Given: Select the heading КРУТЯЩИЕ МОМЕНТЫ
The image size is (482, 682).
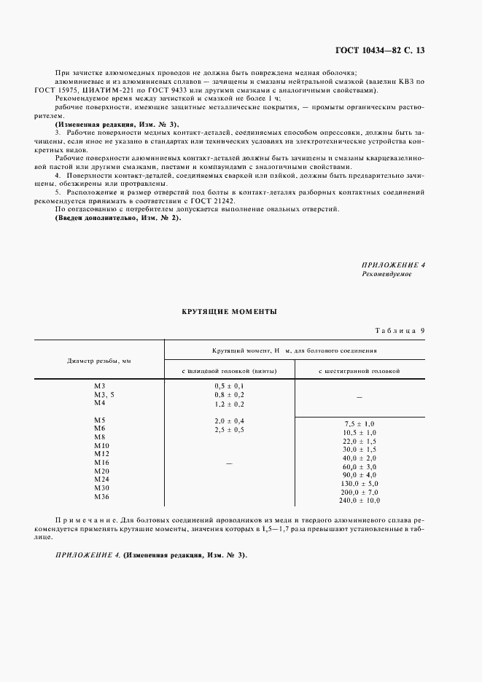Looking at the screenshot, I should pyautogui.click(x=229, y=311).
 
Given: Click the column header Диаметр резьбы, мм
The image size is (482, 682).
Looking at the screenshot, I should pyautogui.click(x=99, y=360).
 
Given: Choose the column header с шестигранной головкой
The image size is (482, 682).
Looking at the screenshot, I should pyautogui.click(x=359, y=371).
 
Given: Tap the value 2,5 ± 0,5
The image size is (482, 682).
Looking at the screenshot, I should pyautogui.click(x=229, y=431).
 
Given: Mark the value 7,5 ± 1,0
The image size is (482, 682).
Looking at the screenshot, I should pyautogui.click(x=359, y=423).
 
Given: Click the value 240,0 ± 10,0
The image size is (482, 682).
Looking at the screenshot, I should pyautogui.click(x=359, y=501).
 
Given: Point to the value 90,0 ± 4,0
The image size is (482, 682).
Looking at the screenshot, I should pyautogui.click(x=359, y=474).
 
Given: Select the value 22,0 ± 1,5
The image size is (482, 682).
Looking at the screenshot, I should pyautogui.click(x=359, y=441).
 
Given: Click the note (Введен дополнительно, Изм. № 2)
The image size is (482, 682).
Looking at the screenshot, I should pyautogui.click(x=118, y=219).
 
